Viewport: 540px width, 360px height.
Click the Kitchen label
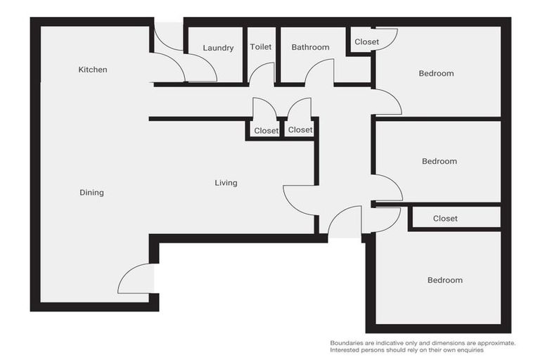tap(92, 70)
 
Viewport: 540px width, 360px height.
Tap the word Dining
tap(91, 193)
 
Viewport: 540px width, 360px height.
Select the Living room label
tap(226, 183)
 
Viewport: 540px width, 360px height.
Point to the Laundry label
tap(218, 48)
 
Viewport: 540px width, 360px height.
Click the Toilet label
tap(260, 47)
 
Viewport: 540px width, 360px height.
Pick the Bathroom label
tap(310, 47)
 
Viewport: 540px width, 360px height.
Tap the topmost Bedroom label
tap(436, 73)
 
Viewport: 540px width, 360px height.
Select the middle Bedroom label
tap(439, 161)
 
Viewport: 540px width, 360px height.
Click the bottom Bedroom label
tap(445, 280)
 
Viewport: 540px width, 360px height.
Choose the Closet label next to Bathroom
tap(366, 42)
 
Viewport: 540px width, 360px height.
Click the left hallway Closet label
tap(266, 131)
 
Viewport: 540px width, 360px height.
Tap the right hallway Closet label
tap(300, 130)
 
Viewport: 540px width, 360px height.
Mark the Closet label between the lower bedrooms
tap(445, 219)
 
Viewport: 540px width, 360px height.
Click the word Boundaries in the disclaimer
tap(351, 343)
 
